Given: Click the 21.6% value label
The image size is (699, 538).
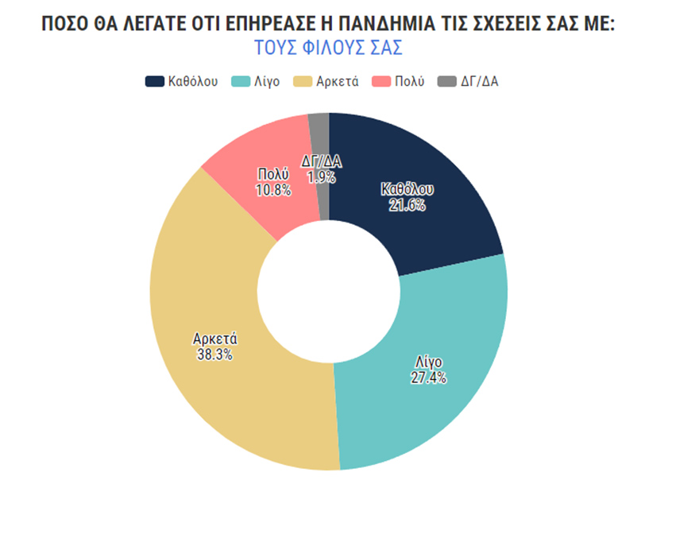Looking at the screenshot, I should [x=407, y=205].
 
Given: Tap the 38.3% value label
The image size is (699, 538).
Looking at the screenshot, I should [x=214, y=354].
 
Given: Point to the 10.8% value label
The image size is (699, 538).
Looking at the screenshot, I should [x=272, y=190].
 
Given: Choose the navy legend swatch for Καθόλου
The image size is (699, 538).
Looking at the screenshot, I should [x=154, y=82].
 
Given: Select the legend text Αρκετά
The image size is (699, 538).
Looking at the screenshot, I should [x=337, y=82].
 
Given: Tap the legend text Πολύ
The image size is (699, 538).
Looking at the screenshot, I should [x=410, y=82].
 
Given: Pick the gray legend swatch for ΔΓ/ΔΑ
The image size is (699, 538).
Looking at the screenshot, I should [x=447, y=82].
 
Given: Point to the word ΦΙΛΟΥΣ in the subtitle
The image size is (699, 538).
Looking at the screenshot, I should [x=329, y=48].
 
